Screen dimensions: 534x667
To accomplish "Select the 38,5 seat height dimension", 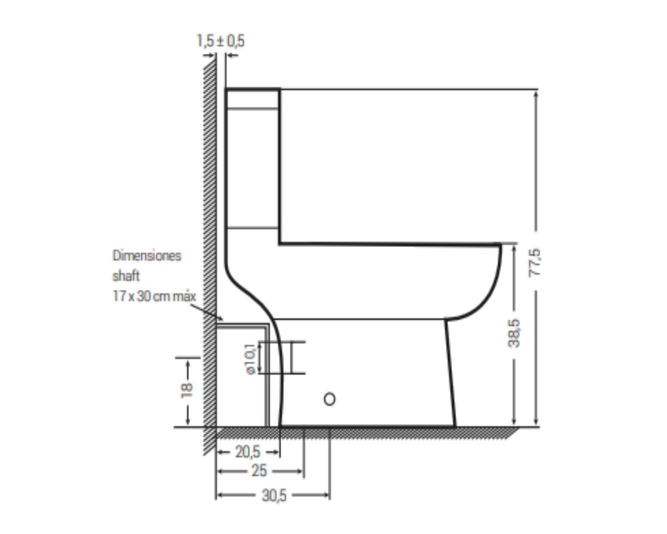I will tap(514, 333).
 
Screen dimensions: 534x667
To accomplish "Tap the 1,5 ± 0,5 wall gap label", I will tap(220, 41).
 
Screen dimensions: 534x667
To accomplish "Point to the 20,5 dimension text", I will tap(248, 452).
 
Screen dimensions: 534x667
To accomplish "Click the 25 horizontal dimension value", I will tap(259, 471).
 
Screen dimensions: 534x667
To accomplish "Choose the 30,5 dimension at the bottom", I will tap(274, 496).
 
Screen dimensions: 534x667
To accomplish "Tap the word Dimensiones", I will tap(147, 256).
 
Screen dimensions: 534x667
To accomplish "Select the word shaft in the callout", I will tap(126, 276).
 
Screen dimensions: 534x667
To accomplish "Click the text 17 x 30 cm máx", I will tap(154, 296).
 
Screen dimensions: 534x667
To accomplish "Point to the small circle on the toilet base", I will tap(329, 399).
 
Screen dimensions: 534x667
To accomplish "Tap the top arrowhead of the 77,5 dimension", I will tap(536, 94).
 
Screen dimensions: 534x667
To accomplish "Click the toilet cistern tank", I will tap(252, 167).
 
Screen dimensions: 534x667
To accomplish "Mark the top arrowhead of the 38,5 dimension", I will tap(514, 249).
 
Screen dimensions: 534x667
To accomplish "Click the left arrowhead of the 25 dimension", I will tap(220, 471).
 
